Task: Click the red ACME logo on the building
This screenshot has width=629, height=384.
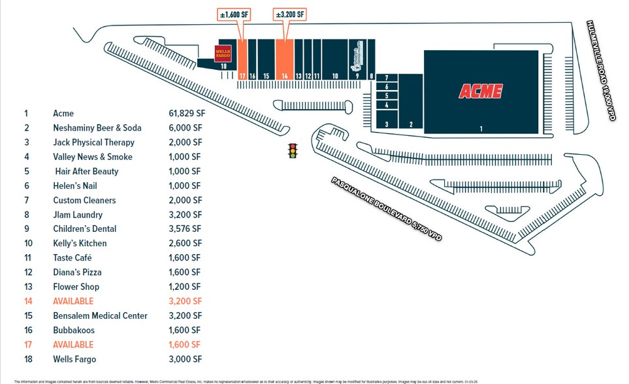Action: [x=481, y=91]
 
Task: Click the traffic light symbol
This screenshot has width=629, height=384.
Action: [x=293, y=151]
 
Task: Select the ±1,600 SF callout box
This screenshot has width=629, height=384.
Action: [x=233, y=14]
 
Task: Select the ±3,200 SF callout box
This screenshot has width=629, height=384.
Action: [x=290, y=14]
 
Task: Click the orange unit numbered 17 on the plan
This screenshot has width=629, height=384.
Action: [x=242, y=59]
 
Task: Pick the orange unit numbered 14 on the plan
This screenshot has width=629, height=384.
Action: [x=284, y=59]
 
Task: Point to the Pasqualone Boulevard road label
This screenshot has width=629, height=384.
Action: [x=386, y=209]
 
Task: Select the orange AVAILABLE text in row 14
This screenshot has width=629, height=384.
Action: [x=73, y=301]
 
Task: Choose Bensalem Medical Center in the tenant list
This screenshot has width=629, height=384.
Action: [x=100, y=315]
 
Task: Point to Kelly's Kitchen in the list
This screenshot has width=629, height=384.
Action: [x=80, y=244]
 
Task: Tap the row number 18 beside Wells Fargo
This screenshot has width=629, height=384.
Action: [x=27, y=359]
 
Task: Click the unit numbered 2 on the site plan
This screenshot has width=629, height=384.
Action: [x=411, y=104]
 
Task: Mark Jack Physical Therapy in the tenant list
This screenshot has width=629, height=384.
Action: [x=93, y=142]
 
